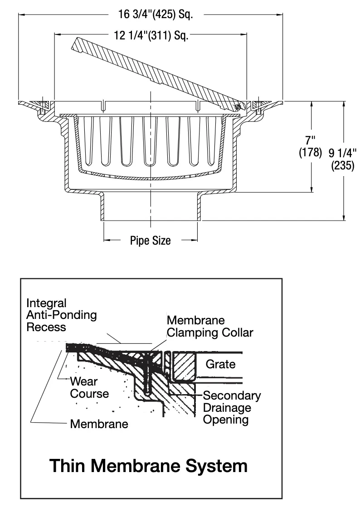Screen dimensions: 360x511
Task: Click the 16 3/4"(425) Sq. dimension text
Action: [x=156, y=14]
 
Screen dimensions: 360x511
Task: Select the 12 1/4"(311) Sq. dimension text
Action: [x=151, y=35]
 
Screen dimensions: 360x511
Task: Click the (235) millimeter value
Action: [x=343, y=166]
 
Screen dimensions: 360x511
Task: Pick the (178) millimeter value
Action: [x=311, y=153]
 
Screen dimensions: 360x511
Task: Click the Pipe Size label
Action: [x=151, y=241]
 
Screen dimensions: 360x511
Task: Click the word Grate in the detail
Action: [x=220, y=364]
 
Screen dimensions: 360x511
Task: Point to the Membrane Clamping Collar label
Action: [x=210, y=327]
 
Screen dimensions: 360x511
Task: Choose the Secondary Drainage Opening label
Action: [x=232, y=407]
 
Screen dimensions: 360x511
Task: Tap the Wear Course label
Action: [x=89, y=387]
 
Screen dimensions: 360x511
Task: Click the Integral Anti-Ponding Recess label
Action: [x=62, y=315]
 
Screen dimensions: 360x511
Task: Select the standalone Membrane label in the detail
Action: [x=99, y=424]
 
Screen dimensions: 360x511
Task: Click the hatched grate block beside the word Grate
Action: [x=184, y=366]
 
